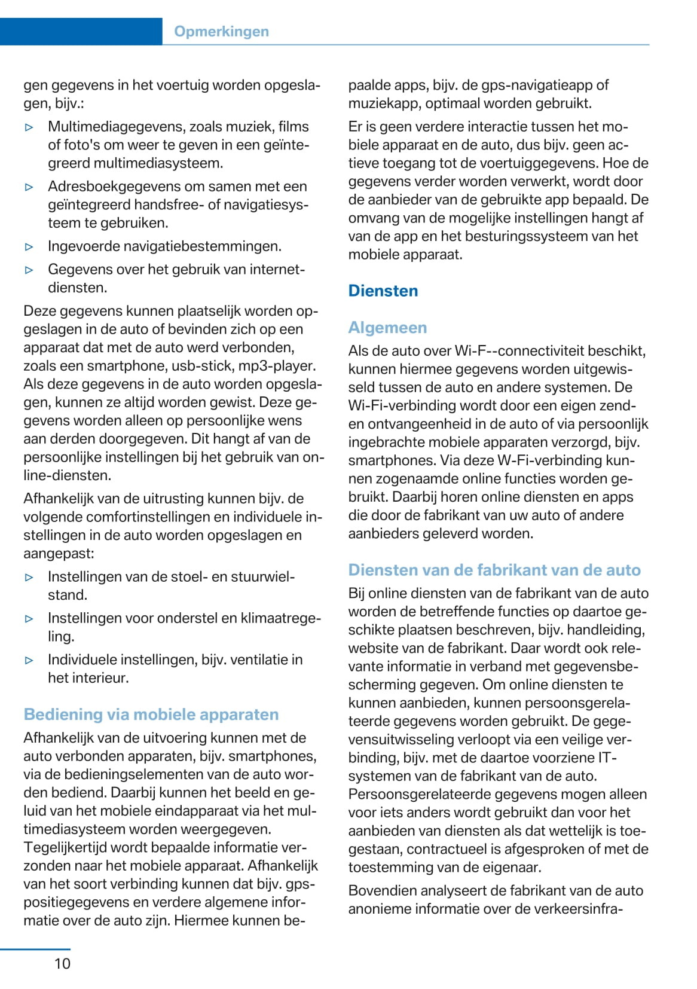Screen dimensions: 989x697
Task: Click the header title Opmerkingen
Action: point(221,32)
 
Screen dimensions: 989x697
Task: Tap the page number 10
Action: point(62,963)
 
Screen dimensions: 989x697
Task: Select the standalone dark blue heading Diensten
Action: point(383,291)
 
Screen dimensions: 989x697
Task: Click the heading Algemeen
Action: point(387,328)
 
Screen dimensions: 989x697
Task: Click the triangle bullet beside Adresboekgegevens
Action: point(29,187)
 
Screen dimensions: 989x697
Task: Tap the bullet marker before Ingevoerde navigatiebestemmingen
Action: point(29,246)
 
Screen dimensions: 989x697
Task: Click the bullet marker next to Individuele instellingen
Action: point(29,661)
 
